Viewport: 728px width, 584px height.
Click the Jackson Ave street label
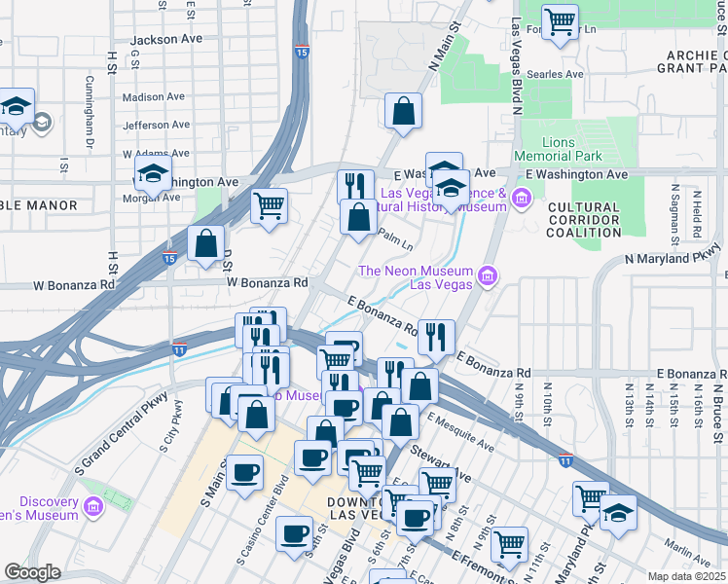(165, 39)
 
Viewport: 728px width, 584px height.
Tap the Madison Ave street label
(153, 97)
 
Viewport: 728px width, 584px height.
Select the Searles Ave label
(556, 74)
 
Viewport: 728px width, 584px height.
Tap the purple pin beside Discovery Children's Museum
(92, 507)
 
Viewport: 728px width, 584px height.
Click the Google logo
(32, 572)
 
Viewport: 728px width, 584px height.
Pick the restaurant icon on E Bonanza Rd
(436, 338)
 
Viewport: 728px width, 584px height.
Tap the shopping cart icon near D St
(269, 205)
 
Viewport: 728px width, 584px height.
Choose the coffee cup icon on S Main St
(244, 472)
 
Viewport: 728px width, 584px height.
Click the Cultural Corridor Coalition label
(583, 220)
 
